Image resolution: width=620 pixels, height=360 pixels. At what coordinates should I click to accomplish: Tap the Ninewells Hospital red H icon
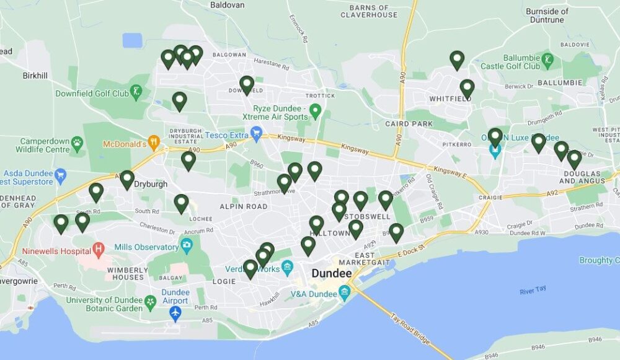pos(99,250)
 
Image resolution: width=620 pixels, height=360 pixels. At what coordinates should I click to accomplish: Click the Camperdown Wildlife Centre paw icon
pos(77,144)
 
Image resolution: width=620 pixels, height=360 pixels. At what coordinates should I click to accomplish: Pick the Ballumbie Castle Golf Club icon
pos(548,60)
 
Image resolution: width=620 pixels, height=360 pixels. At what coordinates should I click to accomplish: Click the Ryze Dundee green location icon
pos(315,112)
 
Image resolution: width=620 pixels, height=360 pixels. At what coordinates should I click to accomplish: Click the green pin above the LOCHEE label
pos(181,203)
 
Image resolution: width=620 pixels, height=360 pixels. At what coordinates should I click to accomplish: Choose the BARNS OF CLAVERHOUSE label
pos(373,11)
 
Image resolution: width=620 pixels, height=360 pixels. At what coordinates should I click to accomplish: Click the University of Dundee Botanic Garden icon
pos(150,302)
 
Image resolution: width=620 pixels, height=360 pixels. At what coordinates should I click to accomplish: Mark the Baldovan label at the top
pos(227,5)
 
